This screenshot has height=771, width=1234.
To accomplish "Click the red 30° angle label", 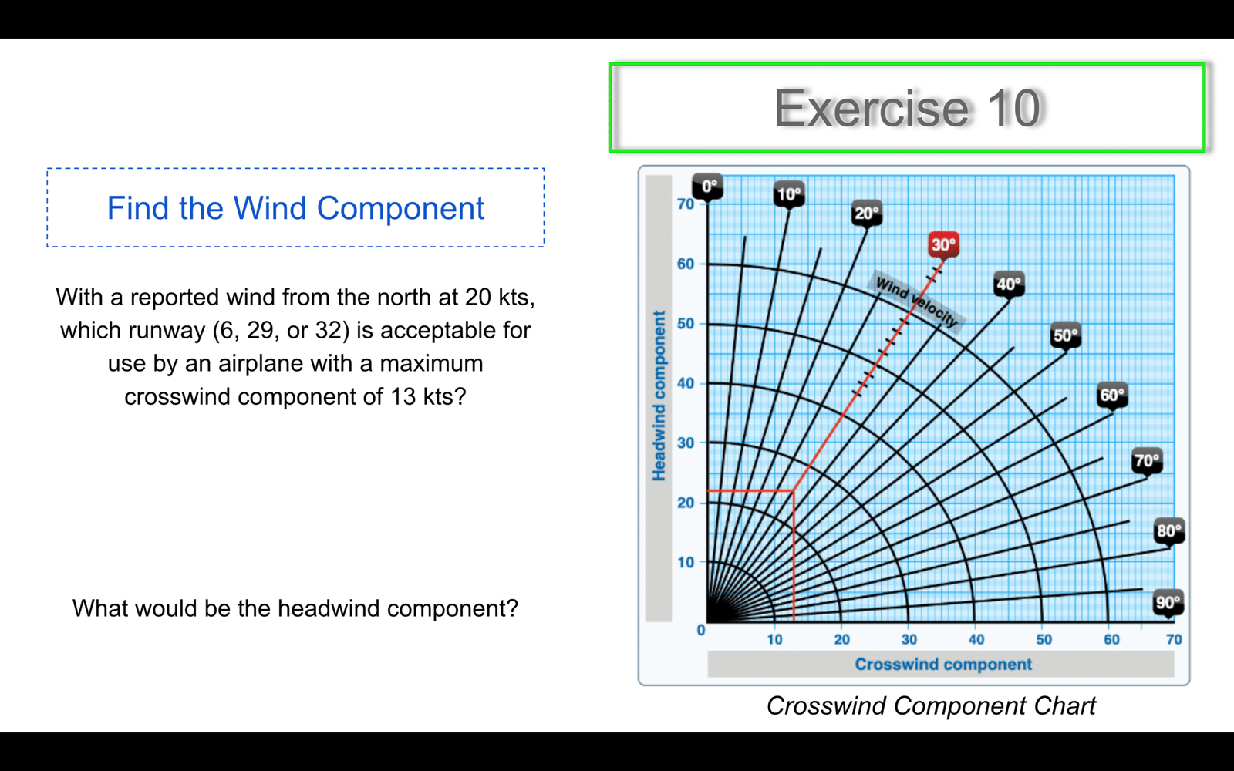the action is (x=944, y=244).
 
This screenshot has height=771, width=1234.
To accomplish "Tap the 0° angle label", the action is (x=708, y=186).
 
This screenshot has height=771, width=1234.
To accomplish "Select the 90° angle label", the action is (x=1168, y=602).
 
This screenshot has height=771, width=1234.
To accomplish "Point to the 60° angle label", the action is (x=1112, y=395).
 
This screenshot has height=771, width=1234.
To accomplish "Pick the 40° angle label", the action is (x=1009, y=284).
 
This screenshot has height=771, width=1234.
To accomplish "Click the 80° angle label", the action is (x=1169, y=531).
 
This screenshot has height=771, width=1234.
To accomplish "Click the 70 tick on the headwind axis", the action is (x=686, y=204).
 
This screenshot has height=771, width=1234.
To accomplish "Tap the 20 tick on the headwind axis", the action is (x=686, y=503).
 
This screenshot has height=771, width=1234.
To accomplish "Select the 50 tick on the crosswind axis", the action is (x=1044, y=639).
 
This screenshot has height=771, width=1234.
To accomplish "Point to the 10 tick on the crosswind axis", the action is (x=774, y=639).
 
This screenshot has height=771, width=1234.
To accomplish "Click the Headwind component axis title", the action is (x=659, y=396).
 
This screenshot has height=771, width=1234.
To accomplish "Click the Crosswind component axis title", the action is (x=943, y=664).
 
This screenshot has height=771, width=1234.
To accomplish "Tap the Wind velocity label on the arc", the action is (x=917, y=301).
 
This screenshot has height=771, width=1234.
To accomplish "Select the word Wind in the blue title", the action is (x=270, y=208).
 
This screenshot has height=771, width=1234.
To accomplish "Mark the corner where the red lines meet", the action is (x=794, y=490).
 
